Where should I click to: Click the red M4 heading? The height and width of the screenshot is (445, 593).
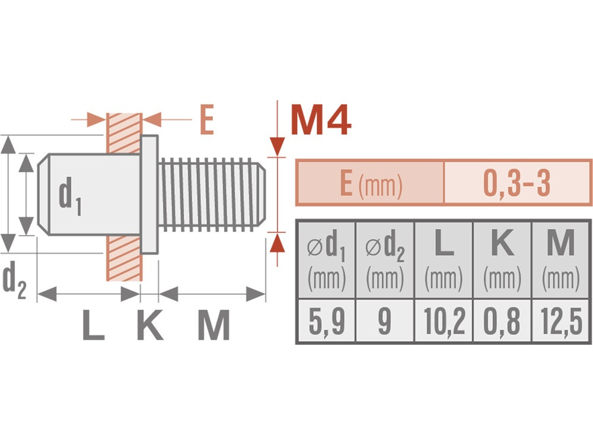tap(321, 120)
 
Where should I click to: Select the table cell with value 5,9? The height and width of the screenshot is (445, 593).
tap(327, 320)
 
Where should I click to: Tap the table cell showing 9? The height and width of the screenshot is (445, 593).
tap(385, 320)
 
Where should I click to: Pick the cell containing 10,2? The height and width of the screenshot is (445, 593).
tap(444, 320)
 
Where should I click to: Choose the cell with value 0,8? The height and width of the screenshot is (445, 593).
tap(502, 320)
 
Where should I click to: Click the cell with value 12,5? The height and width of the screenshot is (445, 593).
tap(561, 320)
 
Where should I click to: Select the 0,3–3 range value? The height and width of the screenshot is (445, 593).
tap(517, 183)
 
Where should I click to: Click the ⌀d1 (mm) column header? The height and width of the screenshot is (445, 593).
tap(327, 260)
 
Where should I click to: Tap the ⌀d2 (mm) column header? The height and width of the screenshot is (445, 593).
tap(385, 260)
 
